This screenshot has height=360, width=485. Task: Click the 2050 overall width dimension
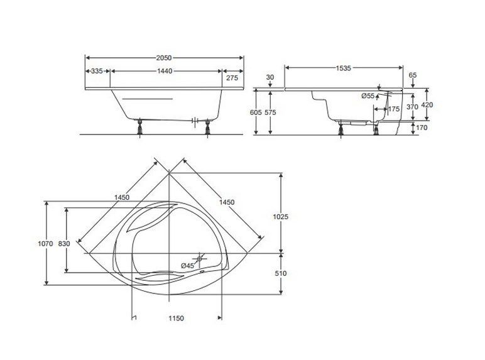click(164, 58)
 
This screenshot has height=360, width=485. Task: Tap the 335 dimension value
click(97, 71)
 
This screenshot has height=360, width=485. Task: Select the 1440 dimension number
click(165, 71)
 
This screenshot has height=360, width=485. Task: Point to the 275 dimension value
click(232, 78)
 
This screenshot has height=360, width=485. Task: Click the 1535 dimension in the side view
click(344, 68)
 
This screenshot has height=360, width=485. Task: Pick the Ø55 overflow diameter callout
click(368, 96)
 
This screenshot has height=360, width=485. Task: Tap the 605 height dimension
click(256, 112)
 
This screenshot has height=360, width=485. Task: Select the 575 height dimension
click(270, 112)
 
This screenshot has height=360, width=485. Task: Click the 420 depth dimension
click(427, 105)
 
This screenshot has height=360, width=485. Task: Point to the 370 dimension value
click(412, 107)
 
